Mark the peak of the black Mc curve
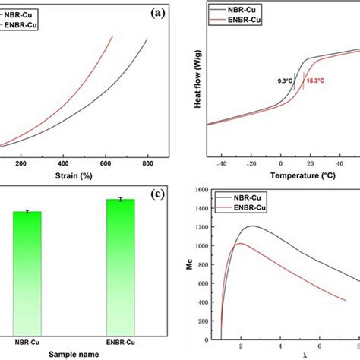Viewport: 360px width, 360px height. click(251, 226)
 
